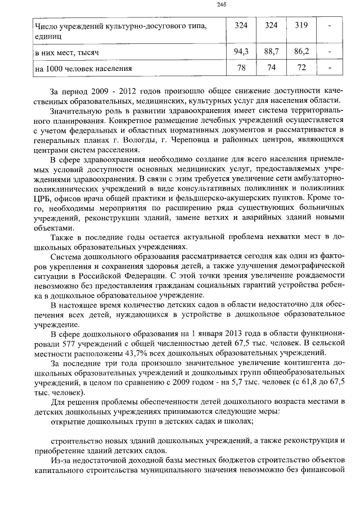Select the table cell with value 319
(x=301, y=25)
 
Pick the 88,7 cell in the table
(x=271, y=52)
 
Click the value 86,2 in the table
(x=301, y=52)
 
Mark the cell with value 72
(x=301, y=69)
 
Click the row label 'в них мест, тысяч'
(x=67, y=52)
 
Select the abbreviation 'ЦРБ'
(x=42, y=198)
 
